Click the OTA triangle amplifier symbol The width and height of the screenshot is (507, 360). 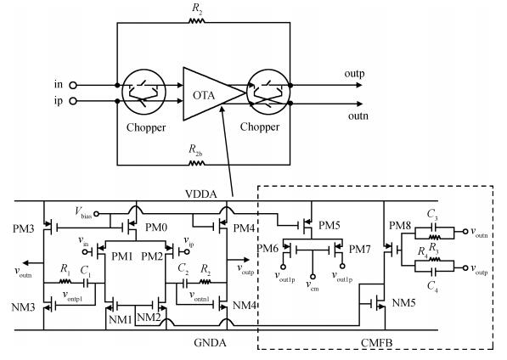(x=210, y=93)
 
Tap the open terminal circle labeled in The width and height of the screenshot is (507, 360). (x=73, y=85)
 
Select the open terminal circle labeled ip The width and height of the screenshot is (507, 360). (x=73, y=101)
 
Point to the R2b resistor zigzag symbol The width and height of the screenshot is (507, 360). (x=196, y=164)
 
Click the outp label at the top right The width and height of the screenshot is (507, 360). (x=354, y=74)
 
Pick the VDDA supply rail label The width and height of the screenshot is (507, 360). (x=201, y=194)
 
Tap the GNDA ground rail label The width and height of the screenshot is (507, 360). (x=210, y=342)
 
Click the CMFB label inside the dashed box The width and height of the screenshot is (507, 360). (x=377, y=342)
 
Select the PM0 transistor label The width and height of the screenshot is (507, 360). (x=156, y=228)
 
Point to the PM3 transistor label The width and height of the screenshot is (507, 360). (x=23, y=228)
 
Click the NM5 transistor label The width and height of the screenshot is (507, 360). (x=404, y=303)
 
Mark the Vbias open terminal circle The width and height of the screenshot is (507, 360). (x=96, y=214)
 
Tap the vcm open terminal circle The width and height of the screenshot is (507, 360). (x=313, y=277)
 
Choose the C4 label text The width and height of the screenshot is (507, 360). (x=432, y=286)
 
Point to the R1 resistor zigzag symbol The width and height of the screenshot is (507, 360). (x=65, y=282)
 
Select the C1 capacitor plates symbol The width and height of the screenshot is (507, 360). (x=86, y=284)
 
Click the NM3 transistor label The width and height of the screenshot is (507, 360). (x=23, y=307)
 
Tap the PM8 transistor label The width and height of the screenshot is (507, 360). (x=400, y=225)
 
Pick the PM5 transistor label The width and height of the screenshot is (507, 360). (x=330, y=225)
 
